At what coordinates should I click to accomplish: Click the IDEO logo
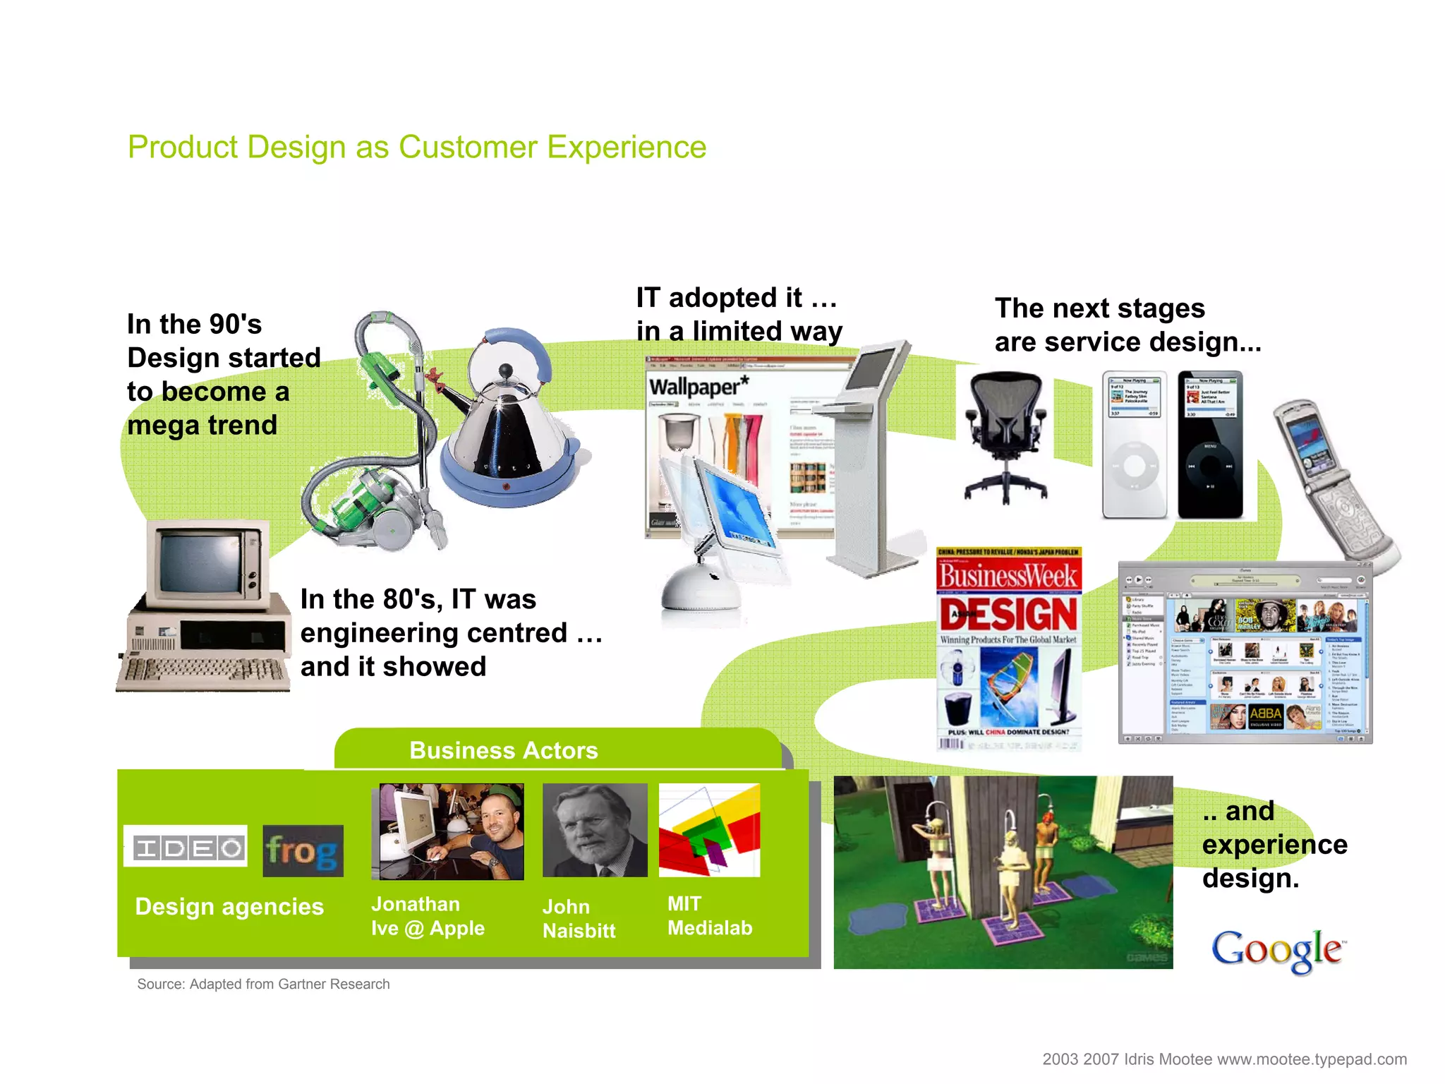(186, 847)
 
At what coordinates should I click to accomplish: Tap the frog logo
(303, 851)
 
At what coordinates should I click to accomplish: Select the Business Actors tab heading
(504, 750)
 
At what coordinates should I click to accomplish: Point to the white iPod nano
(1134, 445)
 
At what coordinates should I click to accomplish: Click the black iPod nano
(1209, 445)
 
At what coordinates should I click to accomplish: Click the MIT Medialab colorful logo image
(709, 831)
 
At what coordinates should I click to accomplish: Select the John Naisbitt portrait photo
(595, 831)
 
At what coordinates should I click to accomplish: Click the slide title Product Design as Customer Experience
(416, 147)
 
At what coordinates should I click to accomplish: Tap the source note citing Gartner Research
(263, 984)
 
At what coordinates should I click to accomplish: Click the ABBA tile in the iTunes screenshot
(1265, 714)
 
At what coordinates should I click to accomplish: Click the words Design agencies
(229, 907)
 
